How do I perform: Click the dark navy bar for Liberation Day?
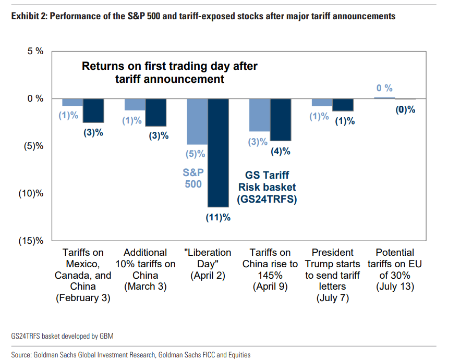click(x=218, y=153)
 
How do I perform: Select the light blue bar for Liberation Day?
click(x=197, y=121)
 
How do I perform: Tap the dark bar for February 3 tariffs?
click(x=93, y=110)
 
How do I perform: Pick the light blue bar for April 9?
click(x=259, y=115)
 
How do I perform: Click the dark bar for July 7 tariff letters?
click(x=343, y=105)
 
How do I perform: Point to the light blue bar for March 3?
click(x=135, y=104)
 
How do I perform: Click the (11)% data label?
click(x=217, y=217)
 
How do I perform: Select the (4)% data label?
click(x=280, y=151)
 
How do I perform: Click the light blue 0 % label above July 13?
click(x=384, y=88)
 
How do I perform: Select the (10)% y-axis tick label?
click(x=31, y=193)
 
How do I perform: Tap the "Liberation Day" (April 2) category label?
click(x=208, y=264)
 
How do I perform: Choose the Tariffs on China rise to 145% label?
click(x=270, y=269)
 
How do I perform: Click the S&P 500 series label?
click(x=192, y=178)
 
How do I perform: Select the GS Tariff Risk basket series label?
click(x=267, y=187)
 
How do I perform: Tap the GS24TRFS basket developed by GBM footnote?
click(x=62, y=336)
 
